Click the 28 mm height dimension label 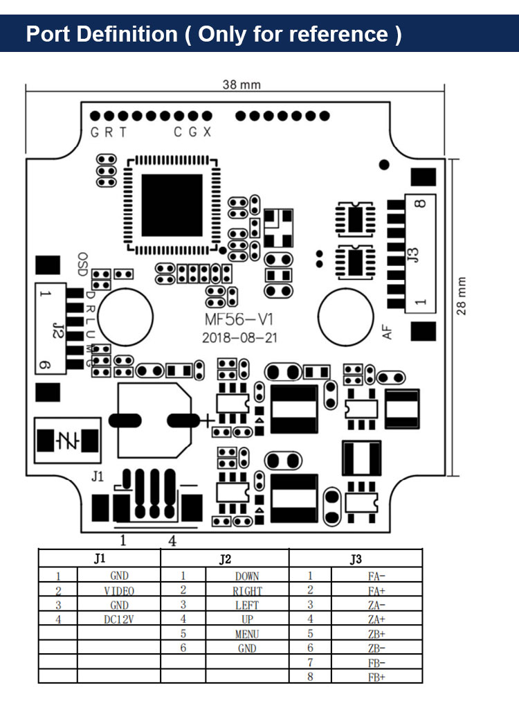[x=462, y=296]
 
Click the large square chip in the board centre [x=172, y=205]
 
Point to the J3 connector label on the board [x=414, y=255]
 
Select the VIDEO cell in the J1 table [x=119, y=591]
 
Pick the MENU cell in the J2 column [x=247, y=634]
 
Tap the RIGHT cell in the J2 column [x=247, y=591]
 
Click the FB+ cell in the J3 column [x=377, y=677]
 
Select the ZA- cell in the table [x=377, y=605]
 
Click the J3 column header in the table [x=356, y=559]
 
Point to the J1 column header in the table [x=99, y=559]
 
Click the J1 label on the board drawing [x=98, y=476]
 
